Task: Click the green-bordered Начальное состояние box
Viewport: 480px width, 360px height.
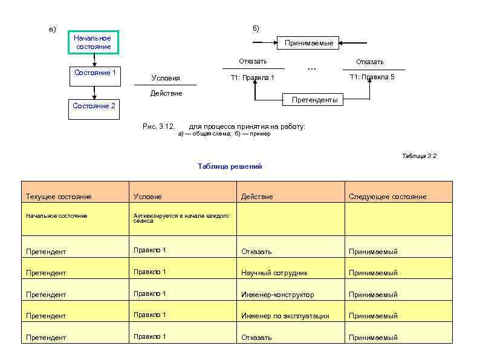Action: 93,42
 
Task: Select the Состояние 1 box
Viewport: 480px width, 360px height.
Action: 94,76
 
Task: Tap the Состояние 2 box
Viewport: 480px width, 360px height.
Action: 94,109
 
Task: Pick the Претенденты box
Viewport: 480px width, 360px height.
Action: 314,100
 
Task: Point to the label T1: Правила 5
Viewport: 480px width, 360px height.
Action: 372,77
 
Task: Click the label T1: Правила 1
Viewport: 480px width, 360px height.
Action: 253,77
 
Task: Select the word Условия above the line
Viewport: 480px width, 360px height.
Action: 165,78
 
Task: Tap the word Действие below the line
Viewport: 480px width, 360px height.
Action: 166,93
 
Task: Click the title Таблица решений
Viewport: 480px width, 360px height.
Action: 230,166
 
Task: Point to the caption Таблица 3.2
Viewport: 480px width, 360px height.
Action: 419,156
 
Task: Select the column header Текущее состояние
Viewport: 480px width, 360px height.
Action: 59,197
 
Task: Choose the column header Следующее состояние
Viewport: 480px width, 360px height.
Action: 388,197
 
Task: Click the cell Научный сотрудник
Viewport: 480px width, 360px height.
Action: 274,273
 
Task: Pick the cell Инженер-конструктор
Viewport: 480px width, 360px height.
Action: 277,295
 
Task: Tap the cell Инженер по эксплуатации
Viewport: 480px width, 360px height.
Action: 285,316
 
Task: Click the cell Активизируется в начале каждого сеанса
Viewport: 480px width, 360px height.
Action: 181,218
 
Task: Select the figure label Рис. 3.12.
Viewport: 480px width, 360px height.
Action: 158,126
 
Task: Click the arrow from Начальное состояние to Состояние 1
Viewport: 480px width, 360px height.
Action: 94,59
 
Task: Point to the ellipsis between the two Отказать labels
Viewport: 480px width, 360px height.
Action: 311,68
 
